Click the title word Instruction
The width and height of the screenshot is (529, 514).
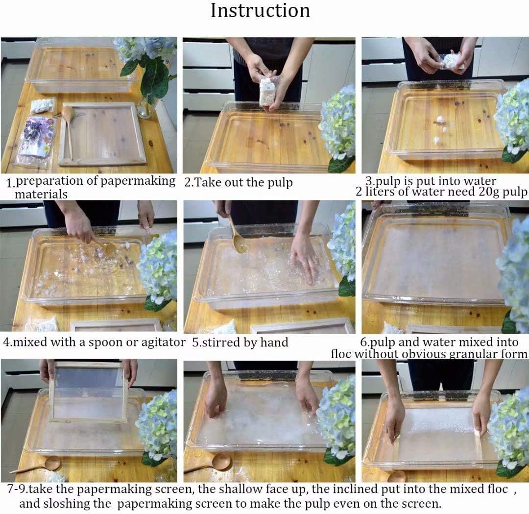pyautogui.click(x=260, y=11)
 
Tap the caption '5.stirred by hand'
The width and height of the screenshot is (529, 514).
pyautogui.click(x=240, y=342)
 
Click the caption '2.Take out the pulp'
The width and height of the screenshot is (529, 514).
pyautogui.click(x=239, y=183)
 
